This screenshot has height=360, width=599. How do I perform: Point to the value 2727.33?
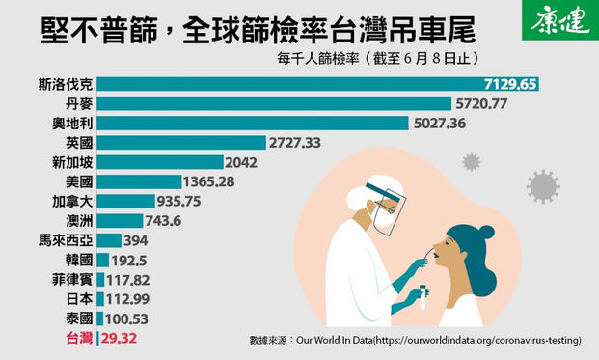(x=296, y=142)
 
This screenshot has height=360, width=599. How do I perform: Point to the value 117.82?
(x=126, y=279)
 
